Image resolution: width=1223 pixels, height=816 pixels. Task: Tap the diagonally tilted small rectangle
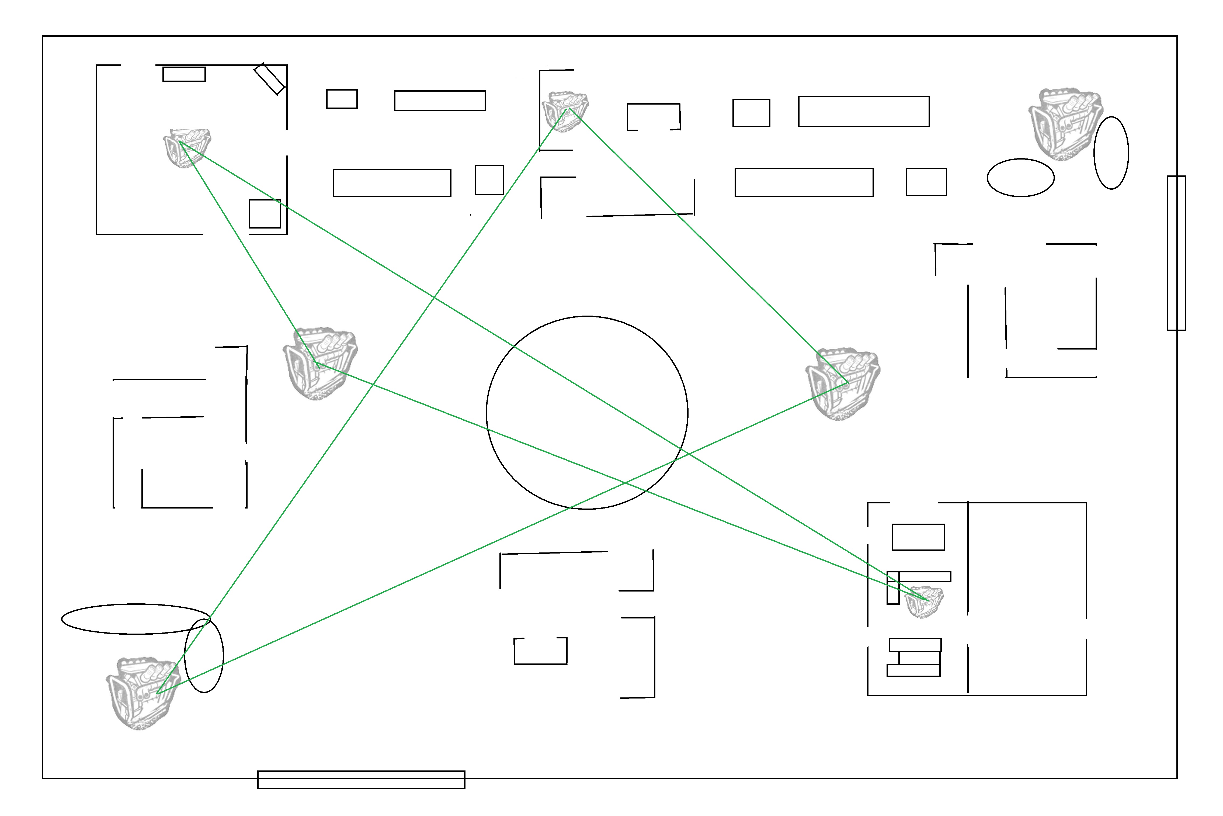tap(269, 79)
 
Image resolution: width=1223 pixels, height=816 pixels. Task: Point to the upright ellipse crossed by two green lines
tap(204, 656)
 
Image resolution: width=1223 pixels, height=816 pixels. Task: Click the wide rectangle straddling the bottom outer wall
tap(361, 780)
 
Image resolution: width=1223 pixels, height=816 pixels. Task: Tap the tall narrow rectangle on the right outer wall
tap(1176, 253)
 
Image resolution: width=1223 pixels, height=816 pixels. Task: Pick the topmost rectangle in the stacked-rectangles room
tap(918, 537)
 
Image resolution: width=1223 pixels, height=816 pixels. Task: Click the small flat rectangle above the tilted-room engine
tap(184, 74)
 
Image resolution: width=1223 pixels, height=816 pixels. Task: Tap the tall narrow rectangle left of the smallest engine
tap(893, 587)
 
